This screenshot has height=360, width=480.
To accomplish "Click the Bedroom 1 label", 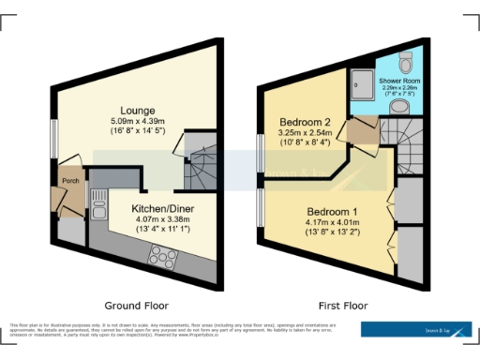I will (326, 213).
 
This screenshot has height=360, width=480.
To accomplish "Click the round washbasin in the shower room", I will (397, 107).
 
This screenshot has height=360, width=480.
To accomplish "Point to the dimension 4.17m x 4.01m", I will (326, 223).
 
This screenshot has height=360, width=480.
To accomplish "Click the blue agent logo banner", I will (417, 329).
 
